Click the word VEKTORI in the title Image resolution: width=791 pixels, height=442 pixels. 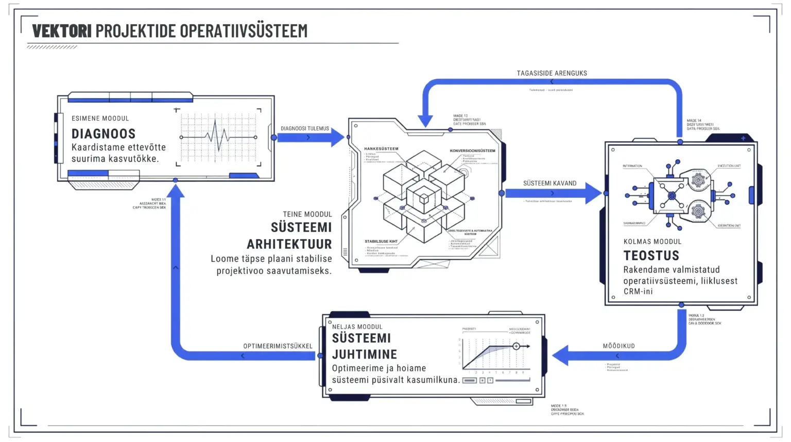[62, 31]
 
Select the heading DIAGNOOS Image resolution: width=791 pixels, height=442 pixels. [104, 134]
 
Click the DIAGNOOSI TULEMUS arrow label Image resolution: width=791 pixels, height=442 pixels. [305, 129]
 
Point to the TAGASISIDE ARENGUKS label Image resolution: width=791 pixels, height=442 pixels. [552, 73]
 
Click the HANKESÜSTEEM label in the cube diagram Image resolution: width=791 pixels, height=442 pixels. [381, 149]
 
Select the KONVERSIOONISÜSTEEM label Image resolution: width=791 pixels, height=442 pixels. [472, 151]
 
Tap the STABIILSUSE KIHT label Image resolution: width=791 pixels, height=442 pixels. [381, 241]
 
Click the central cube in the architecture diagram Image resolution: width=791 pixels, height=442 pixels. [424, 196]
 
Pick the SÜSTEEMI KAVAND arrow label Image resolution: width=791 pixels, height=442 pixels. [549, 183]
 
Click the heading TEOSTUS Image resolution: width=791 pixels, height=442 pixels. [651, 256]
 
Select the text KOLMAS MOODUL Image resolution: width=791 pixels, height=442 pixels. [652, 242]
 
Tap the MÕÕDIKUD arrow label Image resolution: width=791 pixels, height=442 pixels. [618, 346]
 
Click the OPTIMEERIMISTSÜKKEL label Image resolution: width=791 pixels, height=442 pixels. [278, 346]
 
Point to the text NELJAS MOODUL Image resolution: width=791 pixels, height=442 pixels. [357, 327]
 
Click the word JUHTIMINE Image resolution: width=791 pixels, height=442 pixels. [364, 354]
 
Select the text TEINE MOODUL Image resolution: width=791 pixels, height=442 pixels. [307, 214]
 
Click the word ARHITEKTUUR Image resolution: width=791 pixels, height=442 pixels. [289, 244]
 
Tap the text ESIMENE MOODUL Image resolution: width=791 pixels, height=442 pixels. [100, 118]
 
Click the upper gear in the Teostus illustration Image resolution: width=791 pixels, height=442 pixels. [698, 180]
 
